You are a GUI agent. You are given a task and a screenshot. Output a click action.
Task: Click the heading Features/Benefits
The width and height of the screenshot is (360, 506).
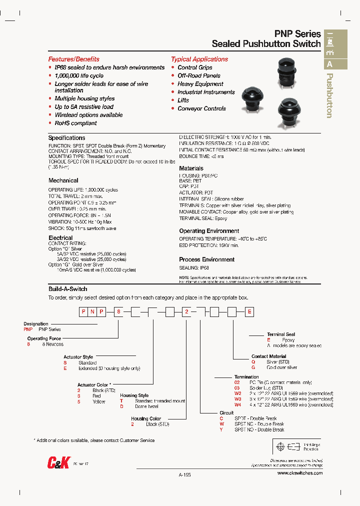[x=73, y=59]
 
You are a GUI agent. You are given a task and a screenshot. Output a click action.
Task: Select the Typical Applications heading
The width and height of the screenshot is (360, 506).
[x=199, y=59]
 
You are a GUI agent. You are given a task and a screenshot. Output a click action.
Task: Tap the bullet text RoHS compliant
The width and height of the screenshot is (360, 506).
[x=75, y=123]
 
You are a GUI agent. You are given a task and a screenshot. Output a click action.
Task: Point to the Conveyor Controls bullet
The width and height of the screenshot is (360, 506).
[x=201, y=108]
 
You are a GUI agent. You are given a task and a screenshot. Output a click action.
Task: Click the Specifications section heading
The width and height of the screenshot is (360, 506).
[x=66, y=137]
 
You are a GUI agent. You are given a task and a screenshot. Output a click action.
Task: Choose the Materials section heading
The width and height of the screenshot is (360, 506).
[x=191, y=168]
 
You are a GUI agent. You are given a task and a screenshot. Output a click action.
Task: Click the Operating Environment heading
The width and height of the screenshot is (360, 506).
[x=209, y=231]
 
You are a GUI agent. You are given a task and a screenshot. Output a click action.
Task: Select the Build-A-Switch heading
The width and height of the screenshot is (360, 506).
[x=67, y=289]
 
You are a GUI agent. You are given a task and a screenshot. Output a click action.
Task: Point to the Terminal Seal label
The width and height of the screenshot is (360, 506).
[x=280, y=334]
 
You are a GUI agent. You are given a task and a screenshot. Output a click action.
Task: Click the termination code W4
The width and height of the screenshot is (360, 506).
[x=237, y=404]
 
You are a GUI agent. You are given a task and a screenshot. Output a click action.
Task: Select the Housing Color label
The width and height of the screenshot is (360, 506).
[x=146, y=419]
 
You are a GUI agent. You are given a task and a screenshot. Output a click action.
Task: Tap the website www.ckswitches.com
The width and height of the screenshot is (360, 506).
[x=299, y=473]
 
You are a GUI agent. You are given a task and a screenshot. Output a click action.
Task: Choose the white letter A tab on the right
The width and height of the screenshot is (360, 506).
[x=329, y=64]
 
